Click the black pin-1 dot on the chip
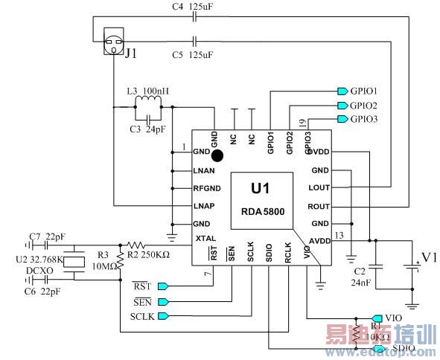pyautogui.click(x=217, y=155)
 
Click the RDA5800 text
pyautogui.click(x=263, y=211)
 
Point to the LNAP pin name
pyautogui.click(x=204, y=205)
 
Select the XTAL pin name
pyautogui.click(x=205, y=238)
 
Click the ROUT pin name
pyautogui.click(x=319, y=206)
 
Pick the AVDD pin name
pyautogui.click(x=319, y=240)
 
